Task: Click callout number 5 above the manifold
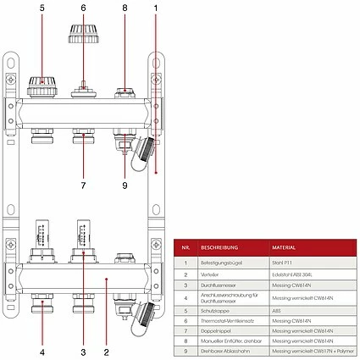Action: point(41,8)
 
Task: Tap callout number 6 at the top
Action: point(83,8)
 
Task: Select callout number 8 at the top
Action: point(125,8)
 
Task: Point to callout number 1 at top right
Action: point(156,8)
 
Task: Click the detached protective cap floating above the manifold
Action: point(83,39)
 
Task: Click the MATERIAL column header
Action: point(283,248)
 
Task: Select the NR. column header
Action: point(185,248)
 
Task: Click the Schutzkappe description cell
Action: point(215,310)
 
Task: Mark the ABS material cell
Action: point(276,310)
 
